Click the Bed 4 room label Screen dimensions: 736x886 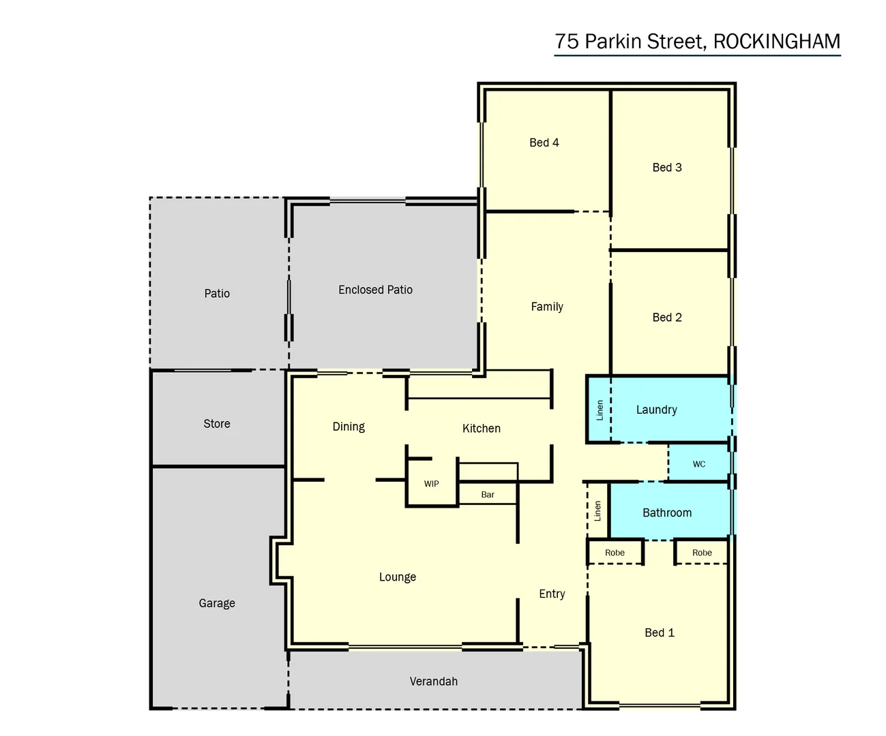(544, 142)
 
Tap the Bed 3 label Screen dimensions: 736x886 (666, 168)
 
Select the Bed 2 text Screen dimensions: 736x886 (666, 318)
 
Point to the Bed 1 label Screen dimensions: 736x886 (659, 632)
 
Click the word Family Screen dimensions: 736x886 (547, 307)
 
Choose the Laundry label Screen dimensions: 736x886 (656, 410)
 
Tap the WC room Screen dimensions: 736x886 (698, 464)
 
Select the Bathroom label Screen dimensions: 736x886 (666, 512)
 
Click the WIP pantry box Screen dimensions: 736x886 (431, 484)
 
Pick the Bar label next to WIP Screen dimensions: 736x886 (487, 495)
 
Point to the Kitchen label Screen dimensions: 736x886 (481, 429)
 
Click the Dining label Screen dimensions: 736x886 (349, 427)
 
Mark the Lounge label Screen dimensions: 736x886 (397, 577)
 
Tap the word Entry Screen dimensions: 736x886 (552, 594)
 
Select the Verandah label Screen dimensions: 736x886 (433, 681)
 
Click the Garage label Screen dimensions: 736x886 (217, 603)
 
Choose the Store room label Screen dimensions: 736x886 (217, 424)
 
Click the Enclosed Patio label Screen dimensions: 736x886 (375, 290)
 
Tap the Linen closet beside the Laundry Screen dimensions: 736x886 (600, 410)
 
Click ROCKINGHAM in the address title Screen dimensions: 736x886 (776, 42)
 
